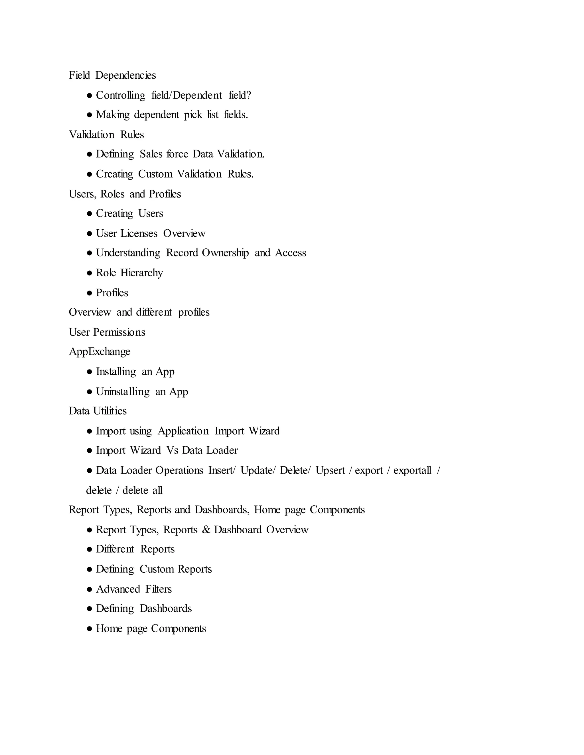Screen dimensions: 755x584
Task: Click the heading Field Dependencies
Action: point(112,75)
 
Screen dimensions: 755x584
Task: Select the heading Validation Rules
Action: point(106,134)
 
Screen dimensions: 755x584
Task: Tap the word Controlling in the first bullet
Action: point(120,95)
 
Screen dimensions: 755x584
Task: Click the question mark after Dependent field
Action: point(248,95)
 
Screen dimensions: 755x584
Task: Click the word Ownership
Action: point(225,253)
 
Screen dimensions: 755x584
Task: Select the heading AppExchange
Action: point(100,352)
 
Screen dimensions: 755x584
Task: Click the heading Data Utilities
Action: point(98,411)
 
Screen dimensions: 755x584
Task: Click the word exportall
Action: point(412,470)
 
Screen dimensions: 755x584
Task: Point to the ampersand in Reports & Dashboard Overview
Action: point(206,530)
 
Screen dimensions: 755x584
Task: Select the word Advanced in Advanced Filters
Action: point(118,589)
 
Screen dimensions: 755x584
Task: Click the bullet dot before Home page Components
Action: point(90,629)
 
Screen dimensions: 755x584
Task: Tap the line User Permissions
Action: point(107,332)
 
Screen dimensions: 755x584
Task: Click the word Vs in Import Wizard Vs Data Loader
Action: point(172,450)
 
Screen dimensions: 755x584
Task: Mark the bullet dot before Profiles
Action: point(90,293)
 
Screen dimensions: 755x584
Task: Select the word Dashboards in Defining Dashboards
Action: point(166,609)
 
